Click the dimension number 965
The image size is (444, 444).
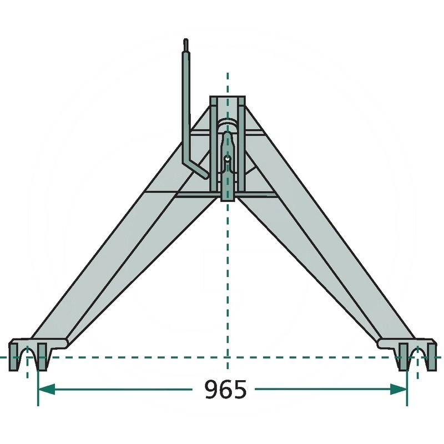tap(225, 390)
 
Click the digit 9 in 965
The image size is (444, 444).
tap(211, 390)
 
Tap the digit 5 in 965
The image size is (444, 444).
tap(240, 390)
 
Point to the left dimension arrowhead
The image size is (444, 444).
tap(47, 389)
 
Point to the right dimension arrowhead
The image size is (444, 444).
tap(398, 389)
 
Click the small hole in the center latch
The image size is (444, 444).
tap(227, 159)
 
